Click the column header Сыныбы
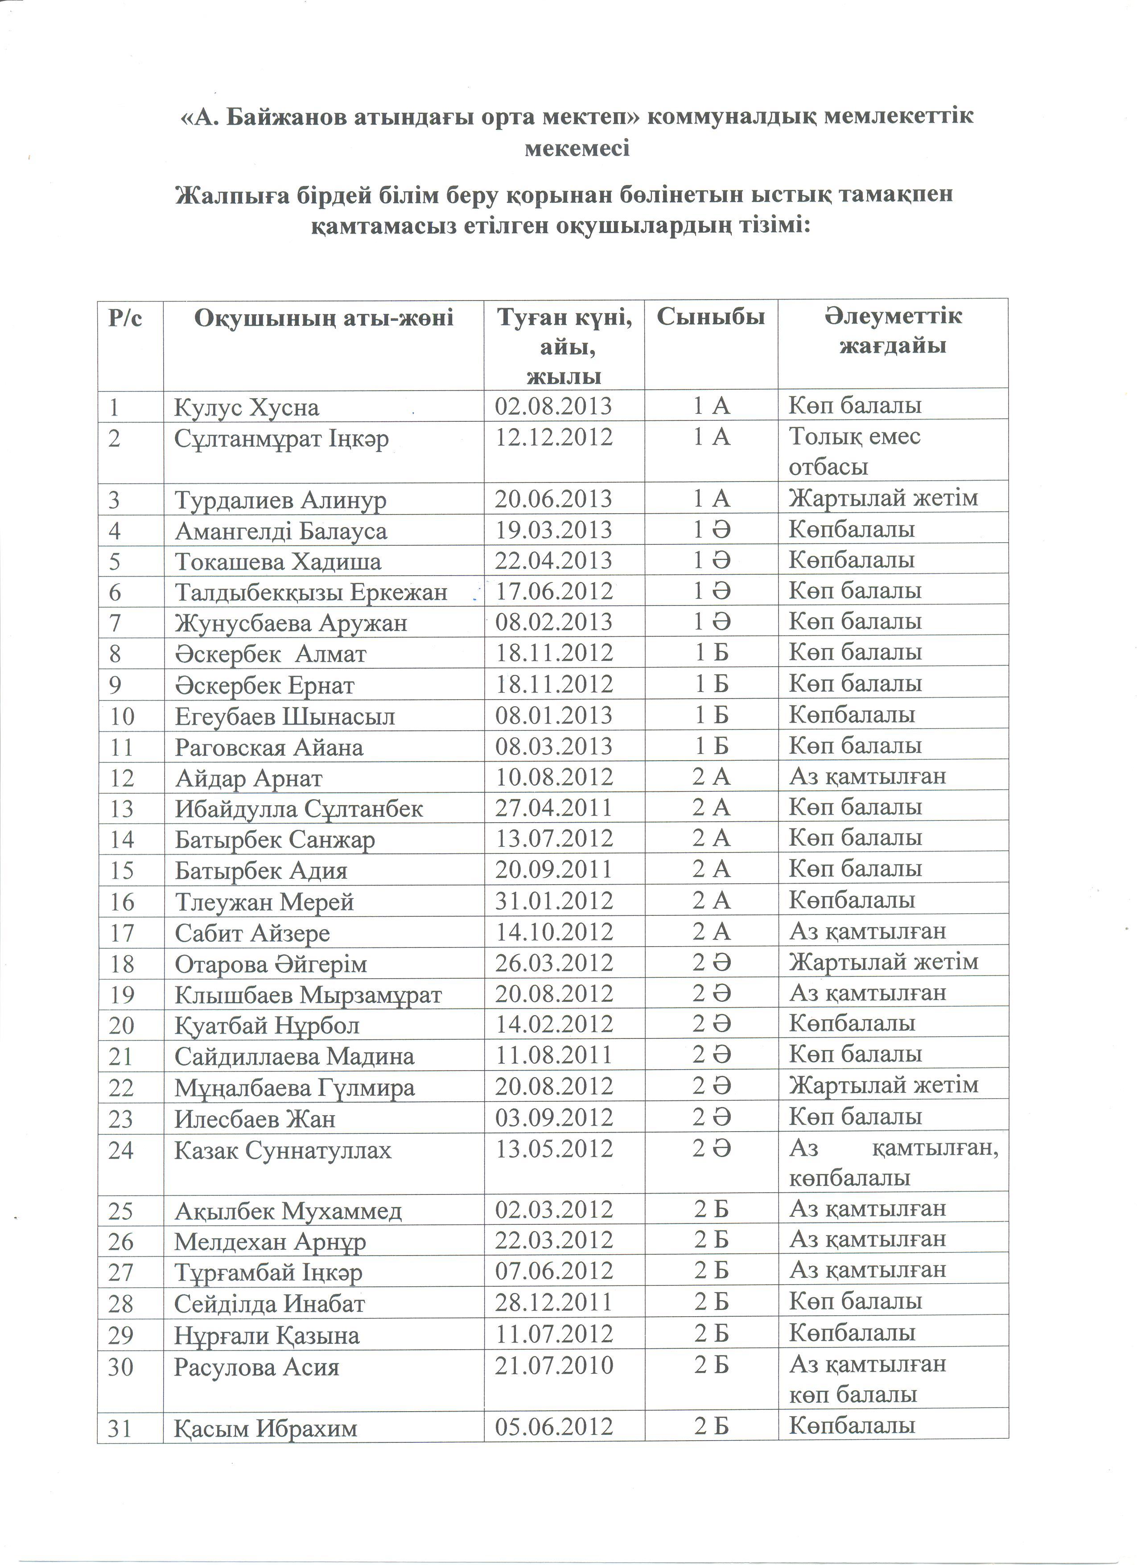pyautogui.click(x=711, y=317)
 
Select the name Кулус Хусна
pyautogui.click(x=246, y=407)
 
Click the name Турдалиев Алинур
pyautogui.click(x=280, y=499)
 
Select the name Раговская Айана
pyautogui.click(x=268, y=747)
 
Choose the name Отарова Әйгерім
pyautogui.click(x=271, y=964)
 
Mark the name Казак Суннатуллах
pyautogui.click(x=282, y=1150)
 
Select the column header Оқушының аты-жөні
pyautogui.click(x=324, y=318)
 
